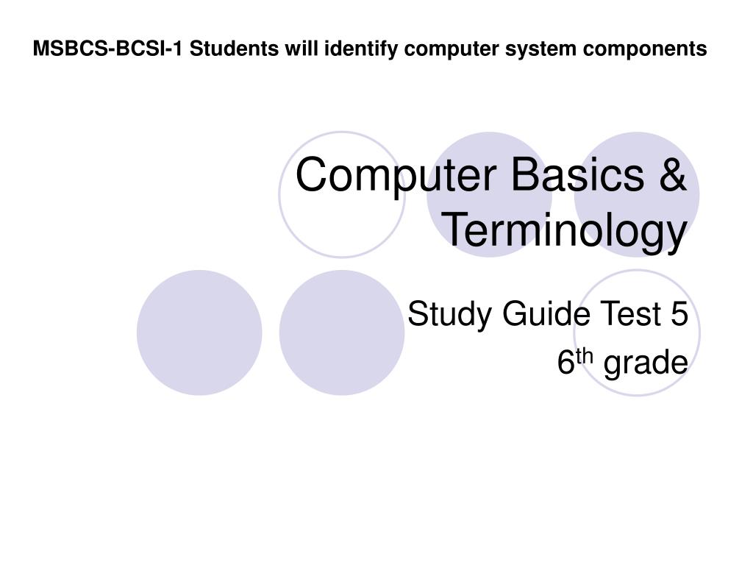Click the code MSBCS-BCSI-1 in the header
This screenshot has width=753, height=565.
[110, 49]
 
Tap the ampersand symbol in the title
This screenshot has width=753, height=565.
[671, 177]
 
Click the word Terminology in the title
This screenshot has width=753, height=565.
[565, 230]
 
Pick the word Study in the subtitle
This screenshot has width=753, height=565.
[450, 315]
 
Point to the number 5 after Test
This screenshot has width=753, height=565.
[679, 315]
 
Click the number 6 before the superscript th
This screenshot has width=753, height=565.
[565, 363]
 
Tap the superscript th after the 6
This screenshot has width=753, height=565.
[583, 358]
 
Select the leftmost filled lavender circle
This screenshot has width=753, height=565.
[199, 333]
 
